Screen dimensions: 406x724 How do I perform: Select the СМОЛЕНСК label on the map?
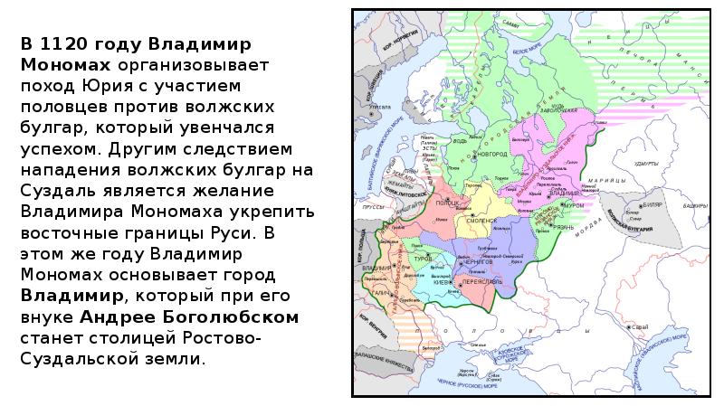click(x=481, y=220)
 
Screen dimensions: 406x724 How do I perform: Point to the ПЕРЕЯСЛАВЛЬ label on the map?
click(x=482, y=282)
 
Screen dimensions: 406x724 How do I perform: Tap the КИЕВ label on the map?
click(x=442, y=282)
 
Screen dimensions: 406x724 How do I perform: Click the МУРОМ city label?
click(x=574, y=205)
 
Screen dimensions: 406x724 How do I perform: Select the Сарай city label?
click(x=642, y=326)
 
